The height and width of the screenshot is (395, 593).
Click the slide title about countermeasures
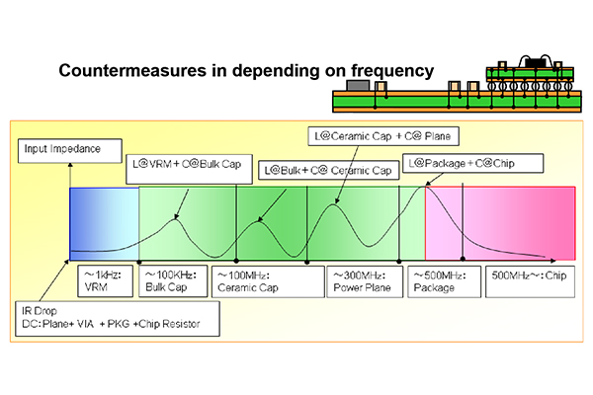point(246,71)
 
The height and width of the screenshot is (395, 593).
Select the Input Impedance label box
point(70,151)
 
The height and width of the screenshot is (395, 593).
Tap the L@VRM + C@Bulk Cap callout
point(189,169)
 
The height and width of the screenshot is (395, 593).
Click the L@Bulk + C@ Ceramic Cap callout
point(329,170)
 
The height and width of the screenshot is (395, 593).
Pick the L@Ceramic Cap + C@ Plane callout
point(383,136)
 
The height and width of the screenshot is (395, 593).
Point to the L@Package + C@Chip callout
point(472,163)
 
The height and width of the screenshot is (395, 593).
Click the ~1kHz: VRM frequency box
point(105,280)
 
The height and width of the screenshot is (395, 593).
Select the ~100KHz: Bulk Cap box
point(173,280)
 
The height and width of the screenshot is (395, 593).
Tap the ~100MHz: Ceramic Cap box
point(268,281)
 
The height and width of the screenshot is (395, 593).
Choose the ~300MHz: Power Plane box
point(365,281)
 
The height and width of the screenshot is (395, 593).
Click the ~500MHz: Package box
point(444,281)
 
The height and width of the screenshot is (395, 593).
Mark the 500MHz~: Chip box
point(530,281)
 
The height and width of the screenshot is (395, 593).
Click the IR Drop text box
point(118,319)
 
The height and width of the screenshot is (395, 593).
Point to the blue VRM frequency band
point(105,224)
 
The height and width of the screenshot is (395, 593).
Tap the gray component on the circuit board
point(358,85)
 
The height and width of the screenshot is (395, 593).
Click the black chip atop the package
point(537,63)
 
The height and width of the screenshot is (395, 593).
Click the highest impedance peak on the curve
point(424,186)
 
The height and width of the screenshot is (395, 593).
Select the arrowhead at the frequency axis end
point(553,261)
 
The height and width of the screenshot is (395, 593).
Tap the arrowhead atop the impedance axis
point(70,165)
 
